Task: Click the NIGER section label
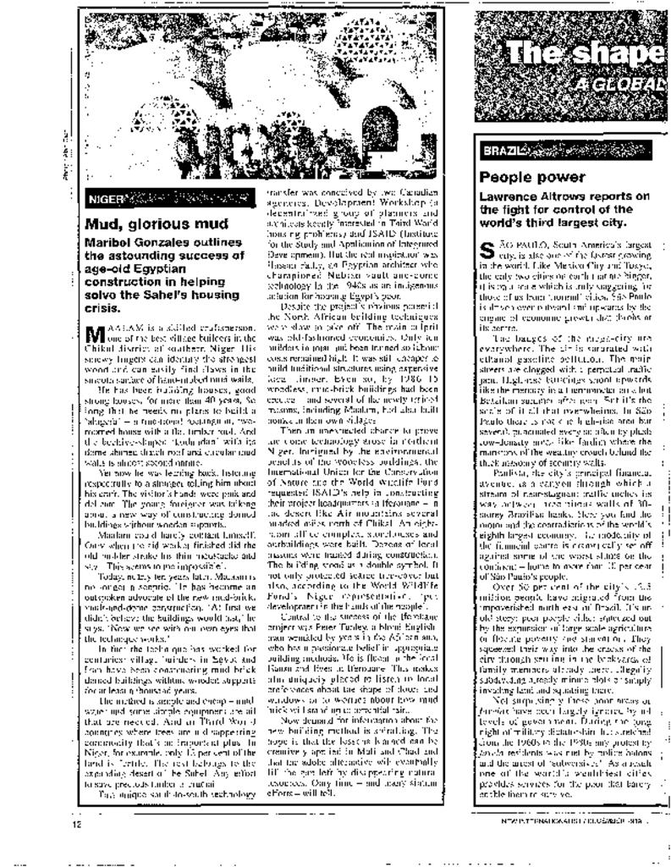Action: (104, 201)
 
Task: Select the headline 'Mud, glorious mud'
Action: (157, 224)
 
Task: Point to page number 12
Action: (77, 823)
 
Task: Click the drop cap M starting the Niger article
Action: (94, 330)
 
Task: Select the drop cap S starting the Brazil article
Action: (487, 251)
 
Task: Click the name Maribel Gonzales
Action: (135, 243)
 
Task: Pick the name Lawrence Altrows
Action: (528, 197)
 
